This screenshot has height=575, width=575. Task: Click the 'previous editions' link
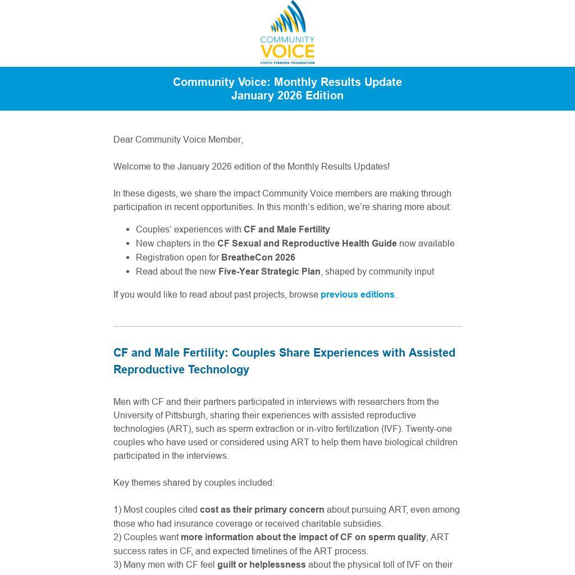tap(357, 294)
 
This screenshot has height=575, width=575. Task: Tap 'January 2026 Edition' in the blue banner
tap(287, 95)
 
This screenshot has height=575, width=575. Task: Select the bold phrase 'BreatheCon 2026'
tap(258, 257)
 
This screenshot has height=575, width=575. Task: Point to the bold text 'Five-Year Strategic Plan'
tap(269, 271)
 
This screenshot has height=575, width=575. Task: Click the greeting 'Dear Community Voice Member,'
tap(178, 139)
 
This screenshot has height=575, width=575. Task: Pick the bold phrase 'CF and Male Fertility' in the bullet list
tap(286, 229)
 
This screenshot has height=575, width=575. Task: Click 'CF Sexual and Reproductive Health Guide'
tap(307, 243)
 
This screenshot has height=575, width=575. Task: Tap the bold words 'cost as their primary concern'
tap(262, 509)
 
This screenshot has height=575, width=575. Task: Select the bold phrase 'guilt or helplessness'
tap(261, 564)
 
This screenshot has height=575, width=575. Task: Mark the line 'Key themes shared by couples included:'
tap(194, 482)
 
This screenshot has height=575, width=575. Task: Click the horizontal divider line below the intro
tap(287, 326)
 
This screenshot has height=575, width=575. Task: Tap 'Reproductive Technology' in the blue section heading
tap(181, 369)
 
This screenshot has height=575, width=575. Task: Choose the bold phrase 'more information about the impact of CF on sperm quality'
tap(303, 537)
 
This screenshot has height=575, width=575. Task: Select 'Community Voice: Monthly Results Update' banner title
tap(287, 82)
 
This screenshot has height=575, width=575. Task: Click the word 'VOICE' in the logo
tap(287, 52)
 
